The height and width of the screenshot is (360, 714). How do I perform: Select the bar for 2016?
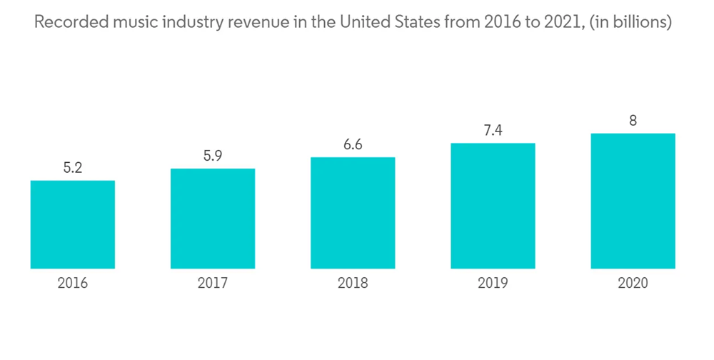[73, 224]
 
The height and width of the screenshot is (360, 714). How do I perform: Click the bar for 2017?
[213, 219]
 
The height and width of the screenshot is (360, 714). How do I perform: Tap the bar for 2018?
[353, 213]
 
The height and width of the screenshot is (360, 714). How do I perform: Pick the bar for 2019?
[493, 206]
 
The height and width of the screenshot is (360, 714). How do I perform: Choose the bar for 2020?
[633, 201]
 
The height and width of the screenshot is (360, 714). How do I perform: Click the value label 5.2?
[73, 169]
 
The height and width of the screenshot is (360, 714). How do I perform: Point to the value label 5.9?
[213, 156]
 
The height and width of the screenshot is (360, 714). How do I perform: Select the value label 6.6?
[353, 145]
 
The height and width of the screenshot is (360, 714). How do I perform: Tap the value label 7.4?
[493, 131]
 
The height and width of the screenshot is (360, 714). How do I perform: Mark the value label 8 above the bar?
[633, 121]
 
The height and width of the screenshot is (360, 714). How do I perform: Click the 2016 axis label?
[73, 284]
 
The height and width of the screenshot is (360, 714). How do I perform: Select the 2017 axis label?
[213, 284]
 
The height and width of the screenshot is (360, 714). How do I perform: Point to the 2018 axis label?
[353, 284]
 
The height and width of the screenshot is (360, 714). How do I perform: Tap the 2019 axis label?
[493, 284]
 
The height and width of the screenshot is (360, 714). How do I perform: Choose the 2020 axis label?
[633, 284]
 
